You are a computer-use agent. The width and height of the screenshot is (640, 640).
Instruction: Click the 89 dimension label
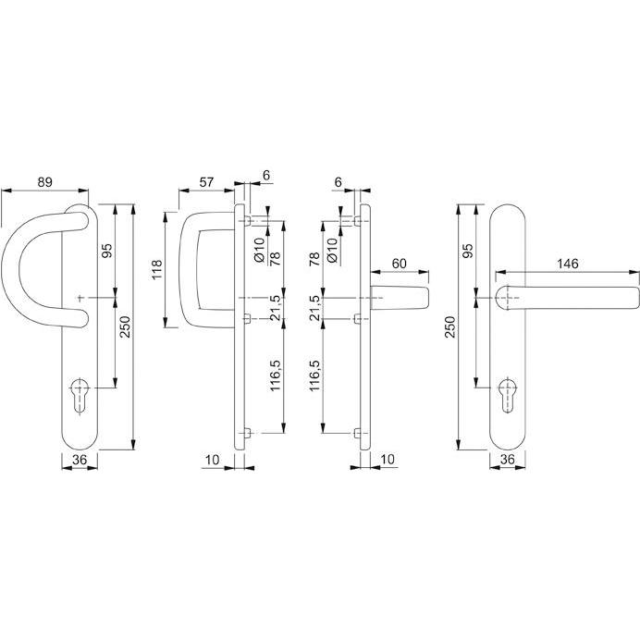pyautogui.click(x=44, y=182)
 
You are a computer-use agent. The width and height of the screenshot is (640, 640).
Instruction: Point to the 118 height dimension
pyautogui.click(x=157, y=270)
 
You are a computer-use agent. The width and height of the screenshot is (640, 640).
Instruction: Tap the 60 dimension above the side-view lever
pyautogui.click(x=400, y=264)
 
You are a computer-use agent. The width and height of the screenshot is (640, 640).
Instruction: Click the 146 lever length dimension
pyautogui.click(x=567, y=264)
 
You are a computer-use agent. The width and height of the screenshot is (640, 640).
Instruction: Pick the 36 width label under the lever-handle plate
pyautogui.click(x=506, y=459)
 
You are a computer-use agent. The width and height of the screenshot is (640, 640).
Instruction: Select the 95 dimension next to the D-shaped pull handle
pyautogui.click(x=107, y=252)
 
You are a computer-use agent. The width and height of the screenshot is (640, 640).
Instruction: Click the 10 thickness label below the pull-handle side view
pyautogui.click(x=214, y=459)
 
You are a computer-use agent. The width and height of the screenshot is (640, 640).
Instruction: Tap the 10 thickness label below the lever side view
pyautogui.click(x=388, y=459)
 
